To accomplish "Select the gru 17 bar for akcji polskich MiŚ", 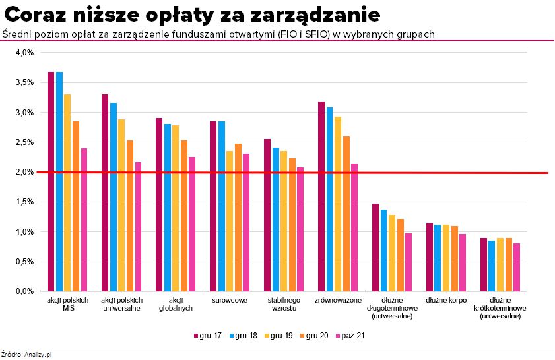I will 51,181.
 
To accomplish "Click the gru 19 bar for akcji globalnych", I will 176,208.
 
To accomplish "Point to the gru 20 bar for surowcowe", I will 238,217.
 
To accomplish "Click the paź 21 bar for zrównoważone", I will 354,227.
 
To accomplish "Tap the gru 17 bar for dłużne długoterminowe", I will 375,247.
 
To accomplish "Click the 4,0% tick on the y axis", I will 24,53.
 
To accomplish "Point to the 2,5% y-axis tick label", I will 24,142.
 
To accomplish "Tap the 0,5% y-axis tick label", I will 24,262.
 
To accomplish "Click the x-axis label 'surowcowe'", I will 230,301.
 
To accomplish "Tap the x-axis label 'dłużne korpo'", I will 446,301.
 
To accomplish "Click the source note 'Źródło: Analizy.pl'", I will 26,355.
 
